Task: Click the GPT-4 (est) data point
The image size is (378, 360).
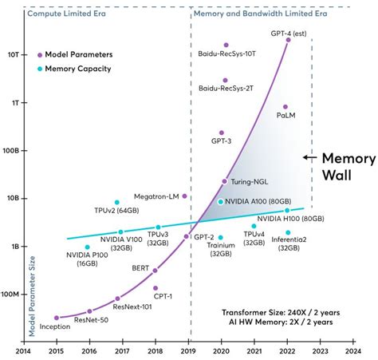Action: [288, 40]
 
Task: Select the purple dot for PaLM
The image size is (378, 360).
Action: [285, 107]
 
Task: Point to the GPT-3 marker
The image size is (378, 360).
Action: [222, 133]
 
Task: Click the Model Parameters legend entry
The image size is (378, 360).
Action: [78, 54]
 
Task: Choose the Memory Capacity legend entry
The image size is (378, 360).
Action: [77, 69]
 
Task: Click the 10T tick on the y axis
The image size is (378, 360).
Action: [15, 55]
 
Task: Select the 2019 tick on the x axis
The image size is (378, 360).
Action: [191, 349]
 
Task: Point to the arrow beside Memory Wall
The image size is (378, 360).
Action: [308, 158]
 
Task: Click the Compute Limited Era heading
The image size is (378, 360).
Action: [70, 14]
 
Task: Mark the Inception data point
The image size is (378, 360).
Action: [56, 318]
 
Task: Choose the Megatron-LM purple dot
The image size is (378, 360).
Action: [184, 196]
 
